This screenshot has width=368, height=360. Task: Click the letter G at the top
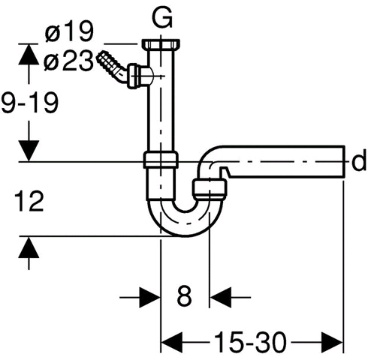[x=162, y=18]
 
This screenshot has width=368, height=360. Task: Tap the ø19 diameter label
[x=69, y=31]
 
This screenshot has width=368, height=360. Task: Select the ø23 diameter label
[x=68, y=61]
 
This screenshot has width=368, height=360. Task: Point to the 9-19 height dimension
[x=29, y=103]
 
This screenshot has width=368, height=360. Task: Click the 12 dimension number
[x=29, y=201]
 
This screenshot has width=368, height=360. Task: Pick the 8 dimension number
[x=184, y=296]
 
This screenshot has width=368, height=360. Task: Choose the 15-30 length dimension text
[x=250, y=342]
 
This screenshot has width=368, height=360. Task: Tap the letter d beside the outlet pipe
[x=359, y=162]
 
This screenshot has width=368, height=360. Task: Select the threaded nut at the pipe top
[x=161, y=44]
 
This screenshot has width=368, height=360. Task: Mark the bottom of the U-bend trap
[x=186, y=235]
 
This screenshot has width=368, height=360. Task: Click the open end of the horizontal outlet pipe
[x=344, y=161]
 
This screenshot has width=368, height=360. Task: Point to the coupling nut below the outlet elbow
[x=210, y=188]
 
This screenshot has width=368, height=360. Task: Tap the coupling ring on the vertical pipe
[x=161, y=159]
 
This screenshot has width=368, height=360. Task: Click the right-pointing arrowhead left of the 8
[x=149, y=298]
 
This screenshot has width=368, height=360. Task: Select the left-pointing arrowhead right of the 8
[x=220, y=298]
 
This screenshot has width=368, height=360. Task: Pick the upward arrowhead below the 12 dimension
[x=29, y=247]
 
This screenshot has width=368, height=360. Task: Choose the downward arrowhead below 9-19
[x=29, y=151]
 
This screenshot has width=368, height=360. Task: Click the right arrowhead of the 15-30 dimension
[x=332, y=343]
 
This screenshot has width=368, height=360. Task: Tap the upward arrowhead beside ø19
[x=29, y=55]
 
